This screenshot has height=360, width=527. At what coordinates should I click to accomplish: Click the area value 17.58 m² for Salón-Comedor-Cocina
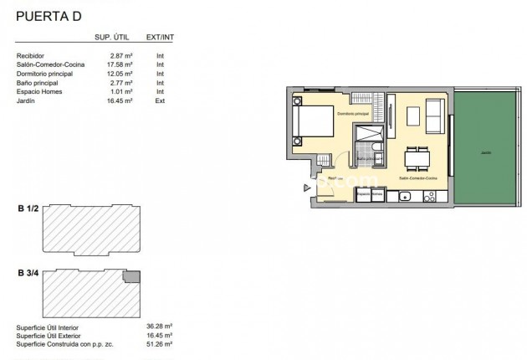(x=123, y=64)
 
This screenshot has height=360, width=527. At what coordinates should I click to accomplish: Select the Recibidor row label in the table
(x=30, y=55)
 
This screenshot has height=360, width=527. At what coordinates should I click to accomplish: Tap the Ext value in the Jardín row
(x=160, y=100)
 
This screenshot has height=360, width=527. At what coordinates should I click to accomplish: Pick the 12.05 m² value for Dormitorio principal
(x=123, y=74)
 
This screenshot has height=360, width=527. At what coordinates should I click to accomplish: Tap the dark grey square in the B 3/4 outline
(x=131, y=276)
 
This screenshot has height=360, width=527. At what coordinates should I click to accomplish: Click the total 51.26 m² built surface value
(x=159, y=344)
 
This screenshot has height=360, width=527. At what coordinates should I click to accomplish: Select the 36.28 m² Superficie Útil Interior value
(x=159, y=326)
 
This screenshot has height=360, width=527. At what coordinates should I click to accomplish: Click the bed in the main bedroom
(x=314, y=122)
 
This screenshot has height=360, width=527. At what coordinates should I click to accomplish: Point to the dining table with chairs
(x=417, y=157)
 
